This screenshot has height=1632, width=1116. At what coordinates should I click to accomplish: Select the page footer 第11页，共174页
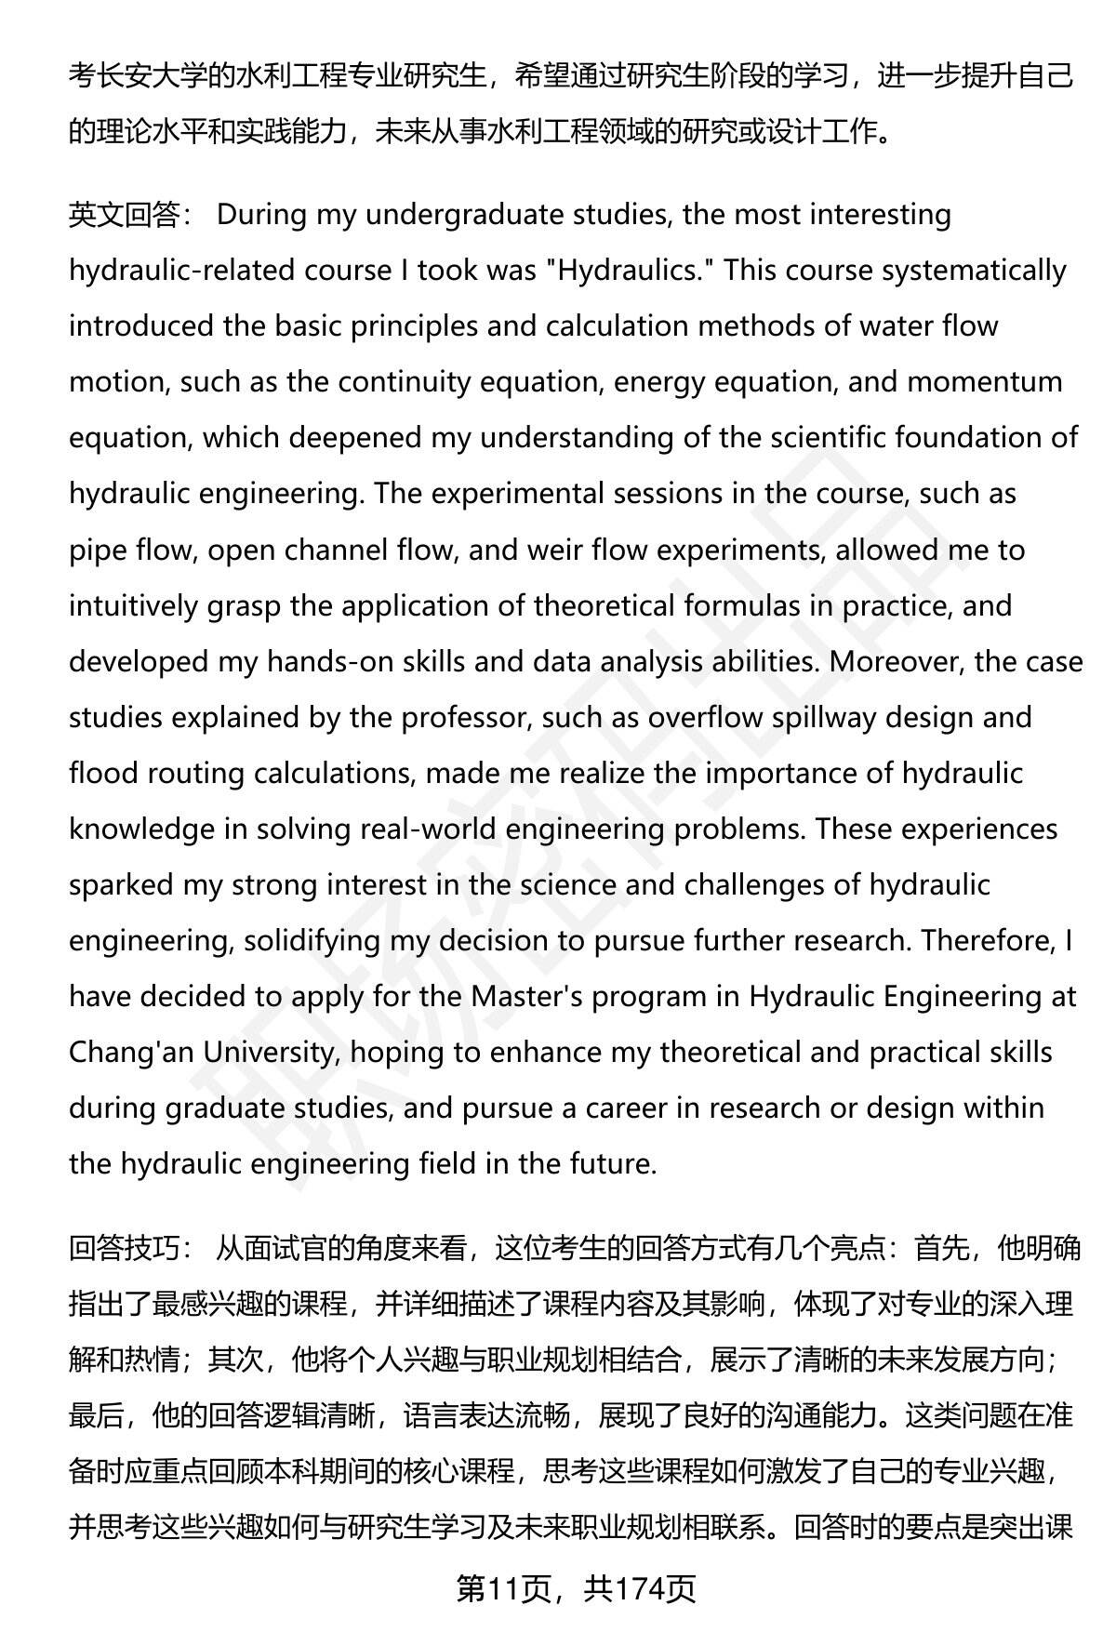point(576,1590)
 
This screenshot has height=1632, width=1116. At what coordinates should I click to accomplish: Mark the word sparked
point(120,884)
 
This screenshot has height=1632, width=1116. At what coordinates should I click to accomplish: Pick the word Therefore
point(986,940)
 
